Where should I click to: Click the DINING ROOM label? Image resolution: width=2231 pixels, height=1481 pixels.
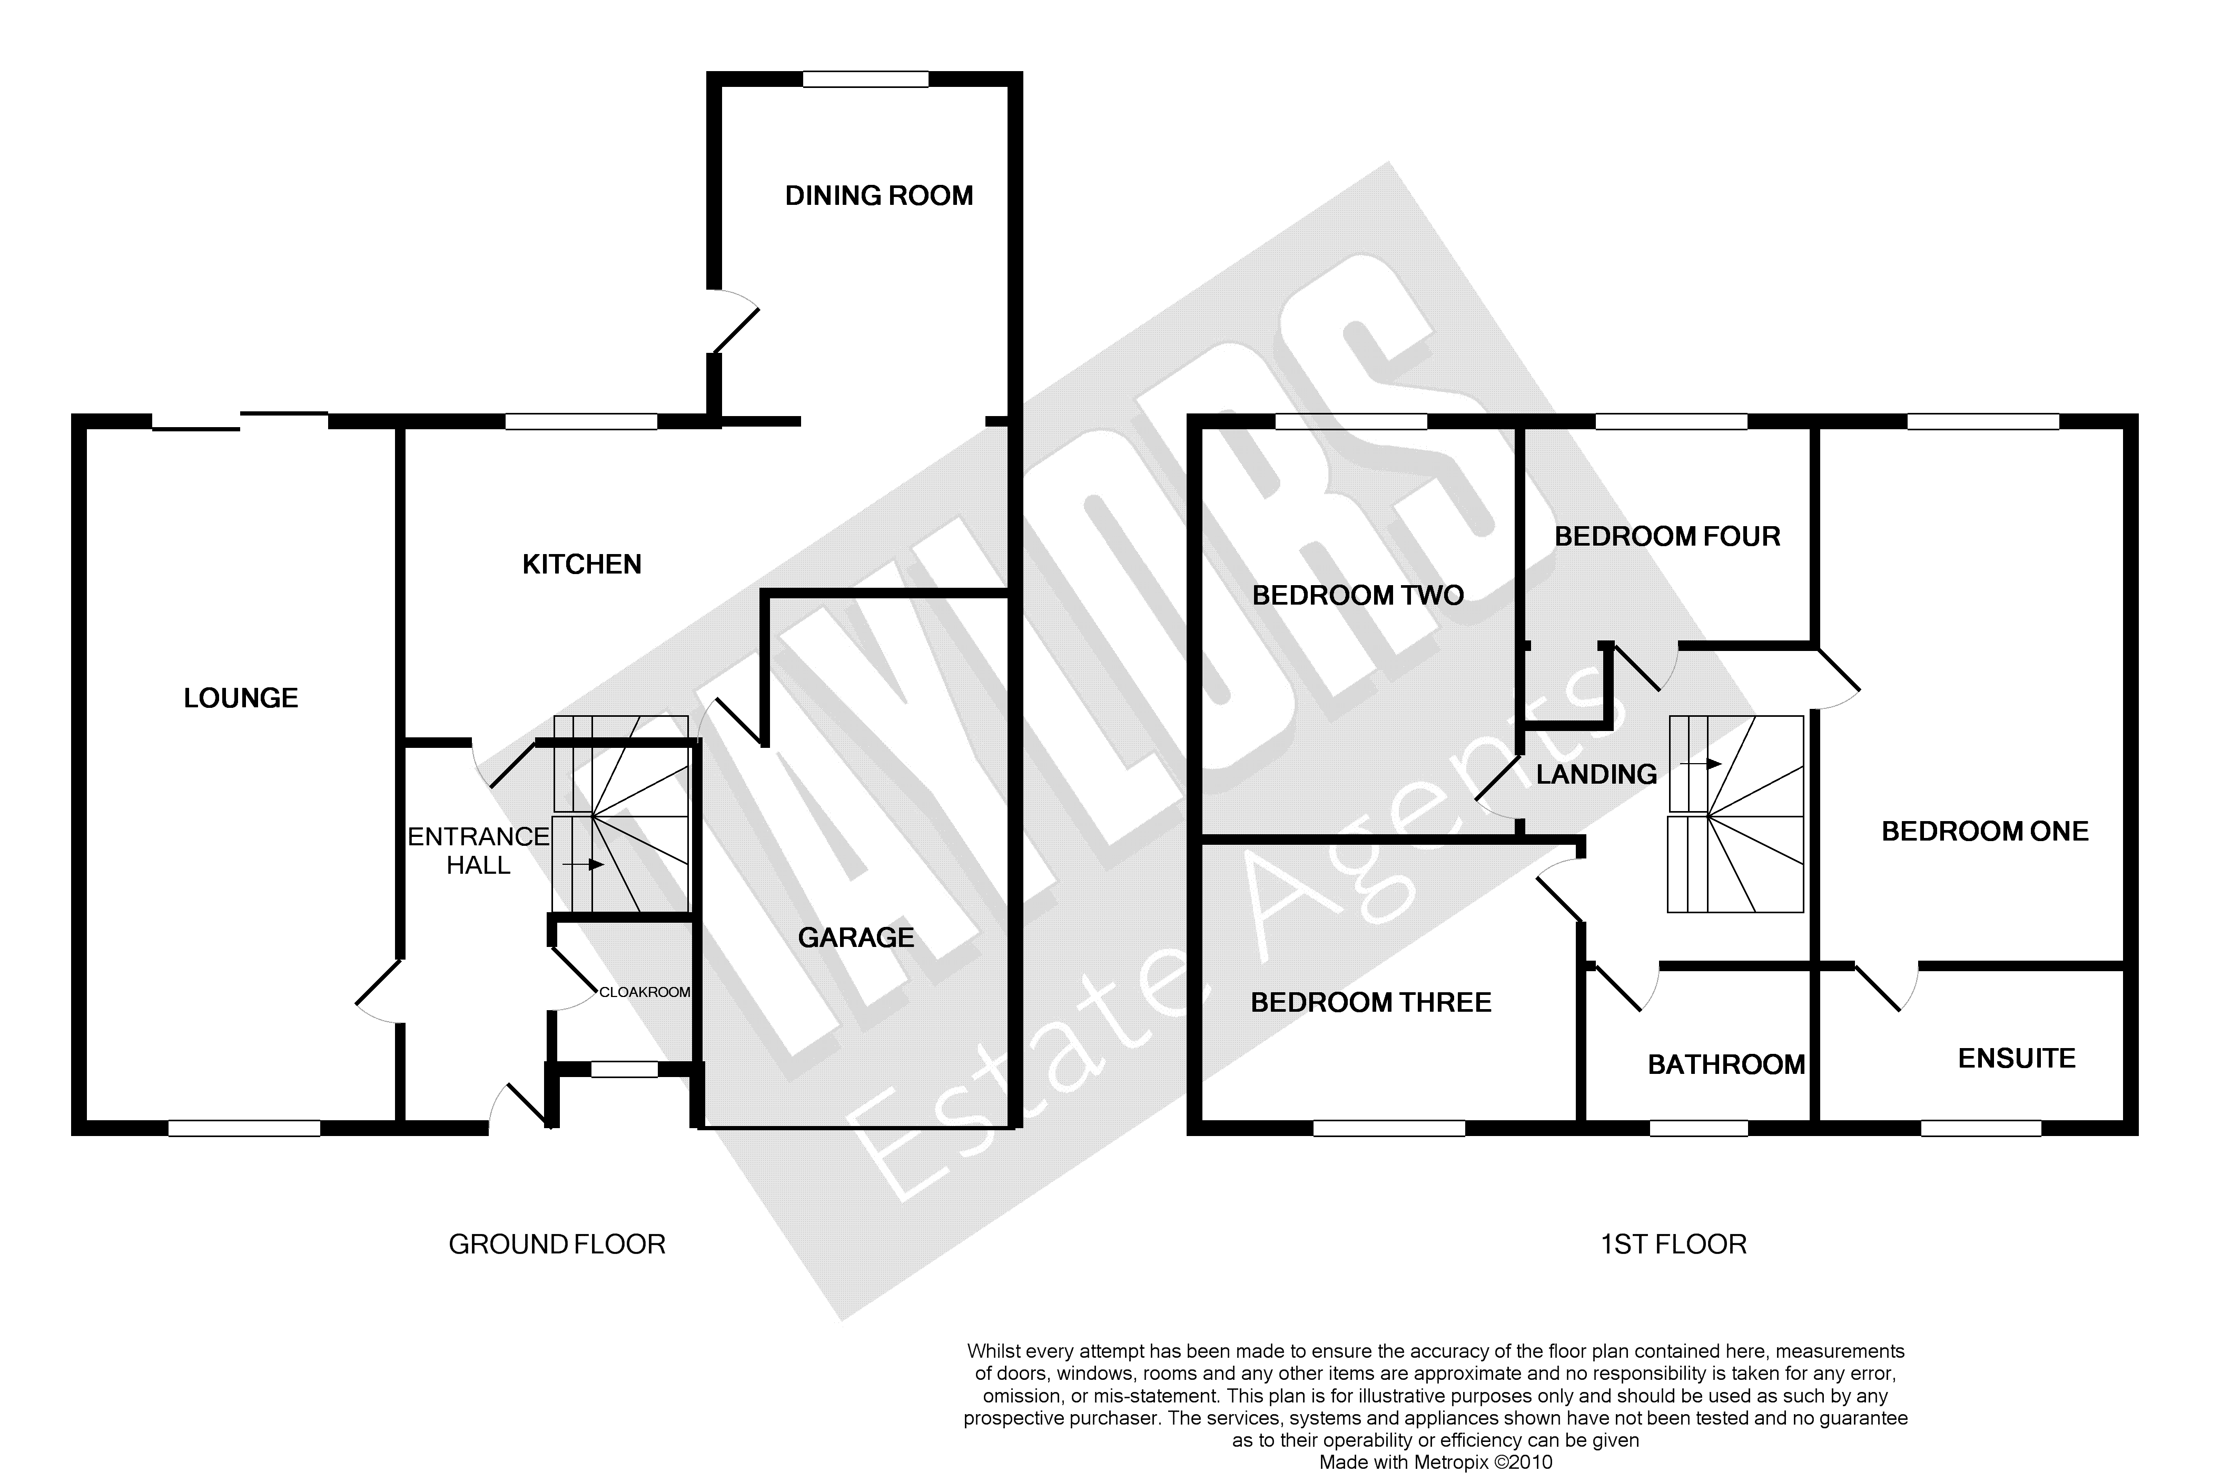(878, 195)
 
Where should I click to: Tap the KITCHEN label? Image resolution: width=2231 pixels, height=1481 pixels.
(582, 564)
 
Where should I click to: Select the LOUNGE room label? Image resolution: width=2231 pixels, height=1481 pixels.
(241, 698)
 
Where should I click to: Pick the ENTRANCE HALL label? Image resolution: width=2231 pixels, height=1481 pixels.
(478, 850)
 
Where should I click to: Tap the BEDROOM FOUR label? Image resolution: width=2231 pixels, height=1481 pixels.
(1667, 537)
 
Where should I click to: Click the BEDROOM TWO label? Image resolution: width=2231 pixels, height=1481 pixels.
(1357, 595)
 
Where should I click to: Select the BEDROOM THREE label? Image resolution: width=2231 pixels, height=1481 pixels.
(1370, 1002)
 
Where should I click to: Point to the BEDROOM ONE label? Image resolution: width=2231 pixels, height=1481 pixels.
(1985, 831)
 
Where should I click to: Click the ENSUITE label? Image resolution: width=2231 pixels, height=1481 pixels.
(2017, 1058)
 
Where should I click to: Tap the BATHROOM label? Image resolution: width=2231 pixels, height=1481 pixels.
(1726, 1064)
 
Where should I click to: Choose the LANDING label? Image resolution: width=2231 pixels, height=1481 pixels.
(1596, 775)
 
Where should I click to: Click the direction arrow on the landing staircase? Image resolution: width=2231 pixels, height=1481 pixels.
(1707, 763)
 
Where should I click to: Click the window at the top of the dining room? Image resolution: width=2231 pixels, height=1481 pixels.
(865, 80)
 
